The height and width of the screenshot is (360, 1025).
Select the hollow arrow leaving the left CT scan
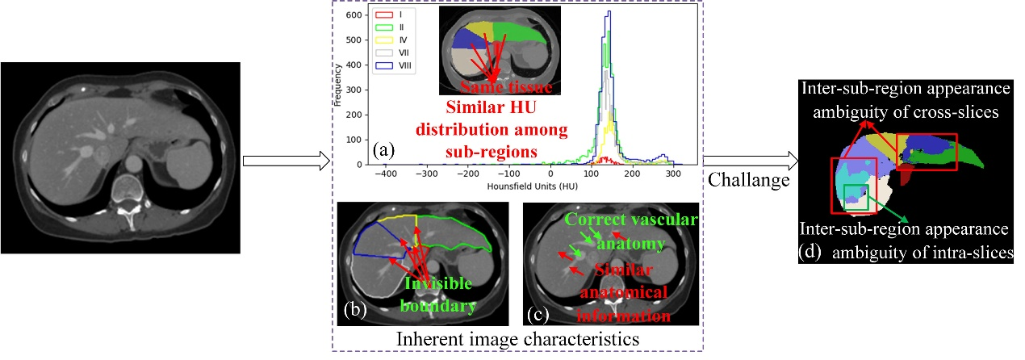tap(287, 161)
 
